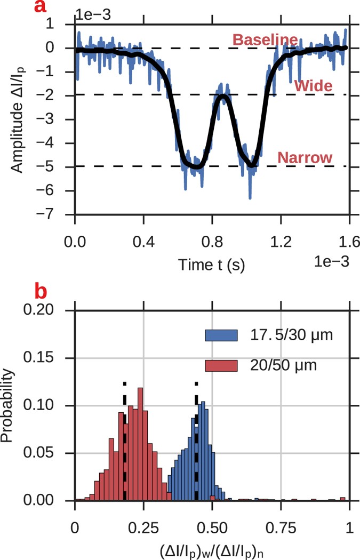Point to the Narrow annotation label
click(x=305, y=158)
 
